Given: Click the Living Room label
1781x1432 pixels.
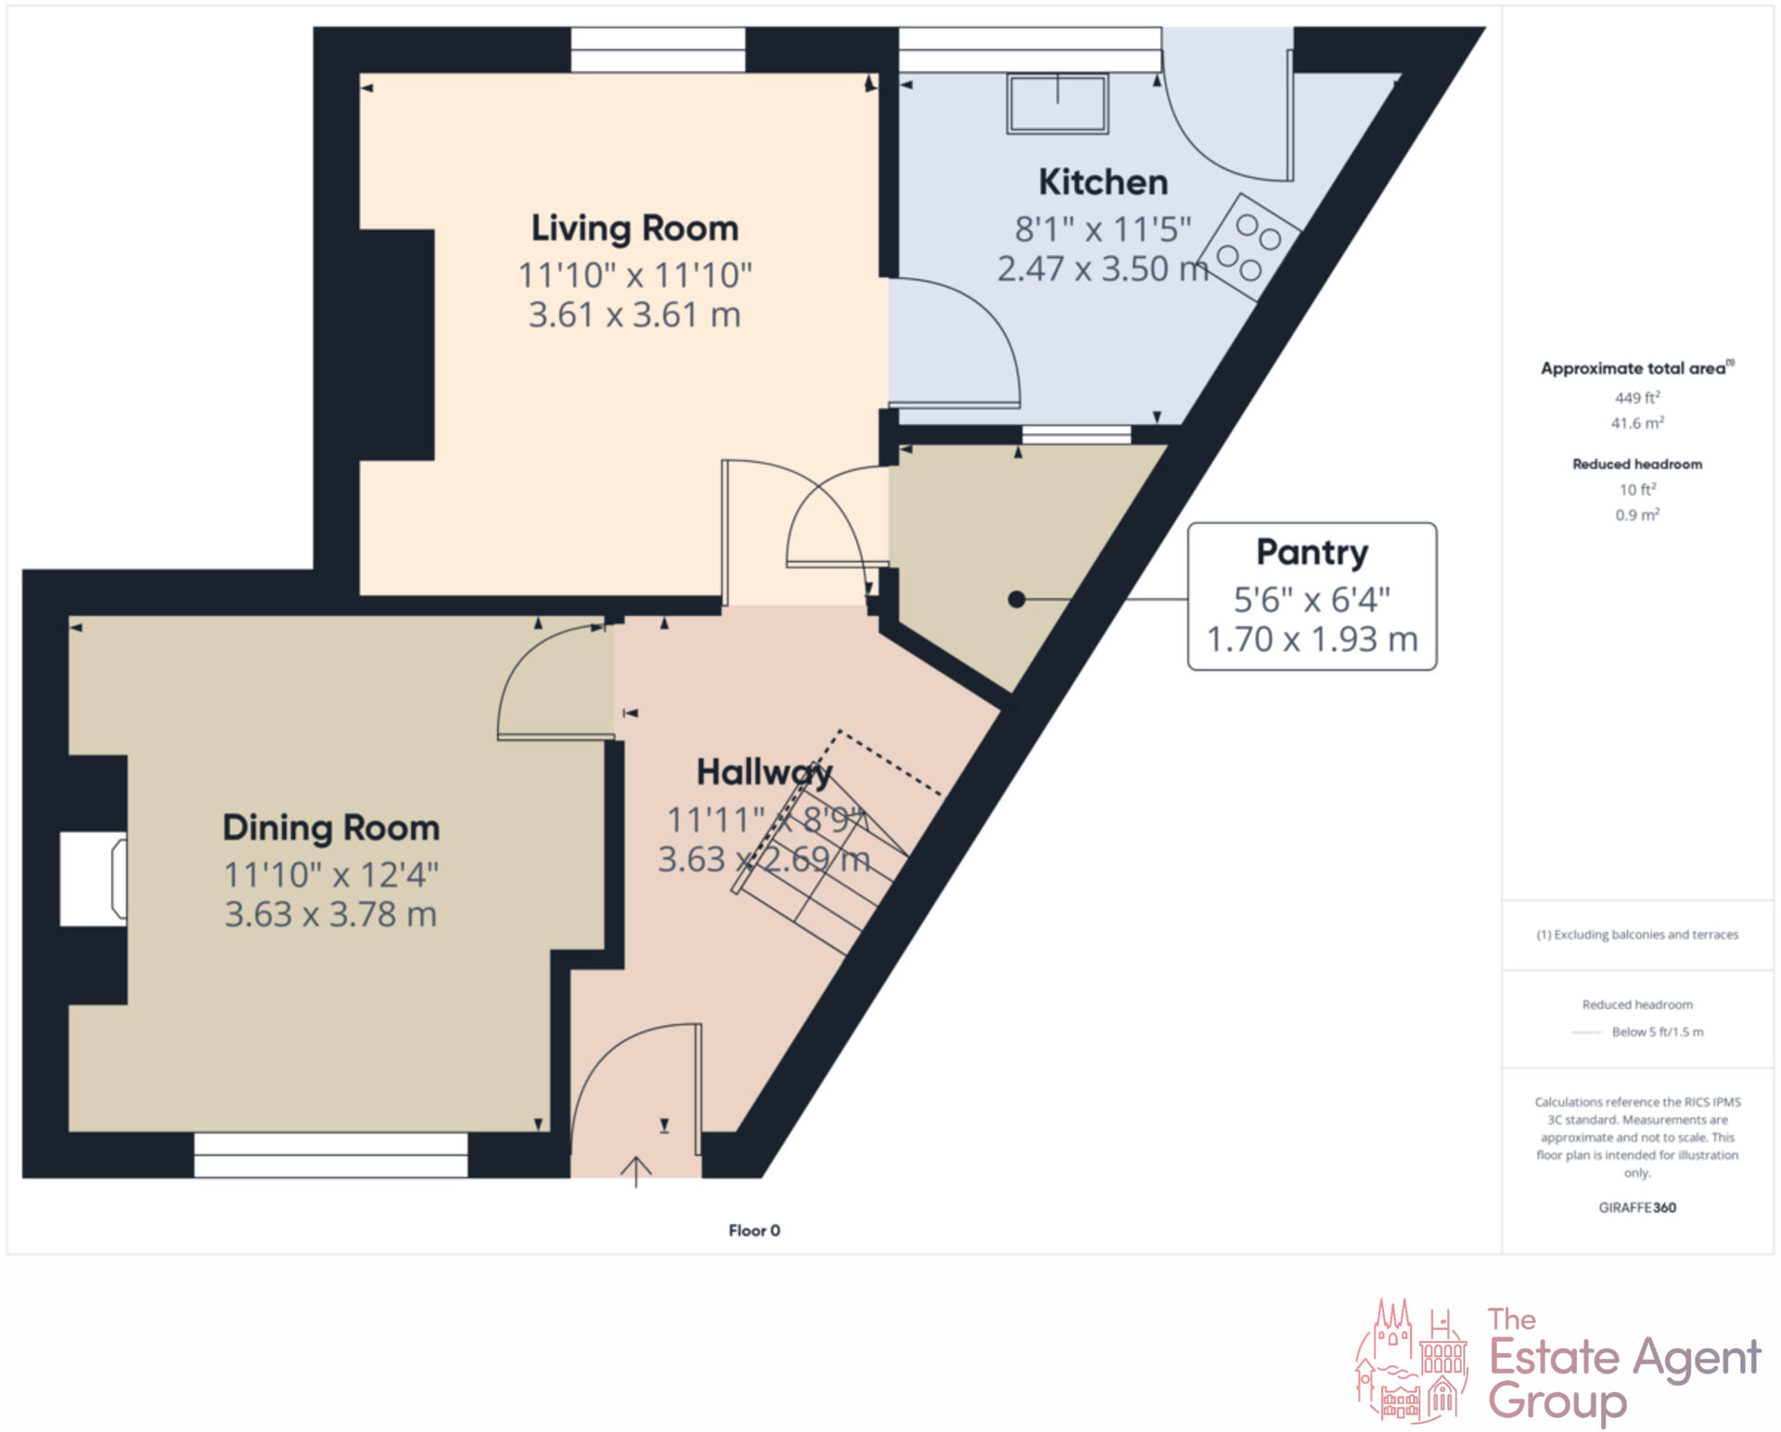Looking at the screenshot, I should coord(634,228).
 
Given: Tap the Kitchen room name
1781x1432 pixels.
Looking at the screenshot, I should coord(1103,182).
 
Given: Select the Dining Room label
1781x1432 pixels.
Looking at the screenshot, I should coord(330,827).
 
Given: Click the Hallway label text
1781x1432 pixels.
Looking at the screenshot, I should coord(764,772).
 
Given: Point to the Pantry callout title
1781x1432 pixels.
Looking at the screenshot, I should coord(1312,552).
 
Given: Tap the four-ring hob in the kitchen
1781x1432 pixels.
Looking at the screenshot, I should coord(1249,247).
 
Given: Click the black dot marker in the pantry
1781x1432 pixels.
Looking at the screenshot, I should coord(1017,600).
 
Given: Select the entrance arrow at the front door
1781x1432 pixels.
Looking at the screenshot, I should coord(635,1170).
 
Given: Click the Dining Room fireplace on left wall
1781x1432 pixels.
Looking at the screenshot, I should coord(94,878).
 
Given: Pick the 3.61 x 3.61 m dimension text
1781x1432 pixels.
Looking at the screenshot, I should coord(634,315).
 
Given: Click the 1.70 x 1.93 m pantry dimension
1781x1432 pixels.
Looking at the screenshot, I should coord(1312,639).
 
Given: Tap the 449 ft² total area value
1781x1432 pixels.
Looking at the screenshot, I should coord(1636,398).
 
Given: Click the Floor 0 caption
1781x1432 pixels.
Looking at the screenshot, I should coord(754,1230).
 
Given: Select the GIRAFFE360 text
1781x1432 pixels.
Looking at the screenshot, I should coord(1636,1208).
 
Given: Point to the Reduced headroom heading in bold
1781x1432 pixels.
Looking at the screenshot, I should coord(1636,464).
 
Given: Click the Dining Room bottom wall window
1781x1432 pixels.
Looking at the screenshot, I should coord(330,1155).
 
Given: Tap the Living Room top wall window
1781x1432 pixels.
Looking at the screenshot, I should coord(658,49).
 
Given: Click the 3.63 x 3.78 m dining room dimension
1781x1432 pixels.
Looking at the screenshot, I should coord(330,914).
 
